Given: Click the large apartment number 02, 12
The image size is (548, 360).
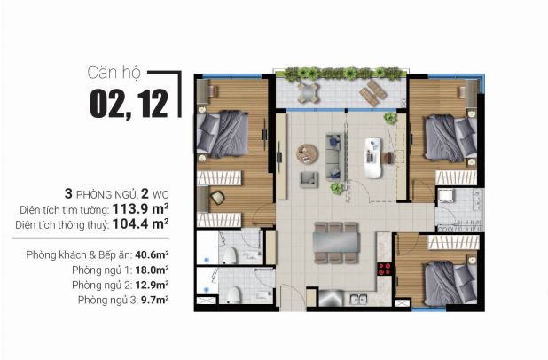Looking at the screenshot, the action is (x=129, y=104).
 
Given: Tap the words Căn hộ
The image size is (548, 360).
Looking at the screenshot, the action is (x=114, y=73).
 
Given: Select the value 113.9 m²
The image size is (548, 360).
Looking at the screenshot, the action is (x=140, y=208).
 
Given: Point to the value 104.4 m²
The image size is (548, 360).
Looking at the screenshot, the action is (x=140, y=223).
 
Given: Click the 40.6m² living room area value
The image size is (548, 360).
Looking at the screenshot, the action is (x=152, y=254).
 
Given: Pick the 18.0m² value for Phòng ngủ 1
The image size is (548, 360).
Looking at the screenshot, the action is (x=152, y=270).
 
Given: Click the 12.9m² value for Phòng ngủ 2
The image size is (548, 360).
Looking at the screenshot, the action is (x=152, y=285).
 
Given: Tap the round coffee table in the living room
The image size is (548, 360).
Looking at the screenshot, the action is (x=307, y=153).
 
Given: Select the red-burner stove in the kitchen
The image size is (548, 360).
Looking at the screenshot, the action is (x=385, y=270).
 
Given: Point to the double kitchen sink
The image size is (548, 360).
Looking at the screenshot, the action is (x=358, y=300).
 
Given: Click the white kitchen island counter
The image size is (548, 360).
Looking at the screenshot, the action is (x=373, y=158).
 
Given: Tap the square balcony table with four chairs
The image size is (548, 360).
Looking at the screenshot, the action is (x=309, y=93).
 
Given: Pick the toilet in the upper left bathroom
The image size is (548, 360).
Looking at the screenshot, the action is (x=230, y=255).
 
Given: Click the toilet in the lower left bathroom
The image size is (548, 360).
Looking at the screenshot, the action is (x=233, y=295).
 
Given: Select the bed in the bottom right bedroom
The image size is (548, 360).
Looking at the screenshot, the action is (x=450, y=283).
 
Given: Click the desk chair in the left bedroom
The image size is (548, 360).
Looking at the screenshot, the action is (x=217, y=198).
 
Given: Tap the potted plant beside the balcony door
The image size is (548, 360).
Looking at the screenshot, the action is (x=390, y=118).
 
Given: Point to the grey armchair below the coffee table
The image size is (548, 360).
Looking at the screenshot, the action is (x=309, y=179).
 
